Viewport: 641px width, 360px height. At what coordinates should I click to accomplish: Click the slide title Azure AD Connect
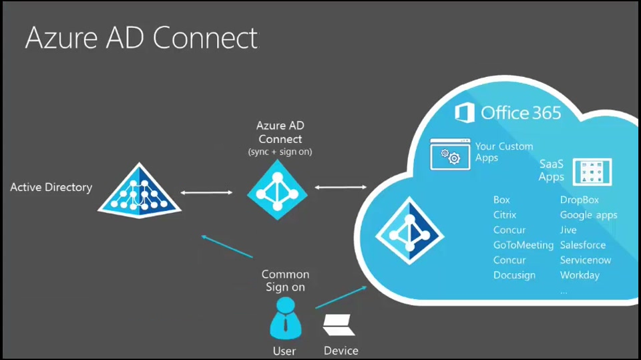[141, 38]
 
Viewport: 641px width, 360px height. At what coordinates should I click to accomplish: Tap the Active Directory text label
[51, 187]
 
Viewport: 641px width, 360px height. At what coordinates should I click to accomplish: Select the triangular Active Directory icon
[140, 190]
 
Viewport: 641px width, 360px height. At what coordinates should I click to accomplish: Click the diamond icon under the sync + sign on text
[277, 190]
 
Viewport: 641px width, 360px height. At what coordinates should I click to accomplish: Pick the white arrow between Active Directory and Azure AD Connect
[207, 192]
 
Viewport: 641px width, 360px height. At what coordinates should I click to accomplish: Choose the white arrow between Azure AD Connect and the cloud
[341, 187]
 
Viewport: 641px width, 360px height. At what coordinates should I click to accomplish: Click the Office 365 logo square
[465, 112]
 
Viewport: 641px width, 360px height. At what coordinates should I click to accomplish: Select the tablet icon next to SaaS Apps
[592, 172]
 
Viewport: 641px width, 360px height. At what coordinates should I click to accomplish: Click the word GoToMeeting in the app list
[523, 245]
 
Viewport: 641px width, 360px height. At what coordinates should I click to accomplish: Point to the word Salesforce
[583, 245]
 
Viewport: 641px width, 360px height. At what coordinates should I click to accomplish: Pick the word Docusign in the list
[514, 275]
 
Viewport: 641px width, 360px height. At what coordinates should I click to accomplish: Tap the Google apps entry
[588, 215]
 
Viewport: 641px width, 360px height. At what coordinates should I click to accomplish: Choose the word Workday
[580, 275]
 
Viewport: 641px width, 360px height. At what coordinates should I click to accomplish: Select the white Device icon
[340, 325]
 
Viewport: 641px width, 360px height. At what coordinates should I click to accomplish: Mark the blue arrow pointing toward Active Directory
[227, 246]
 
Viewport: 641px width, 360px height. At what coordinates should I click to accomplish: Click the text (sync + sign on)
[280, 152]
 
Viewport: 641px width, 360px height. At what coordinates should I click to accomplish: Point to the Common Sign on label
[285, 281]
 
